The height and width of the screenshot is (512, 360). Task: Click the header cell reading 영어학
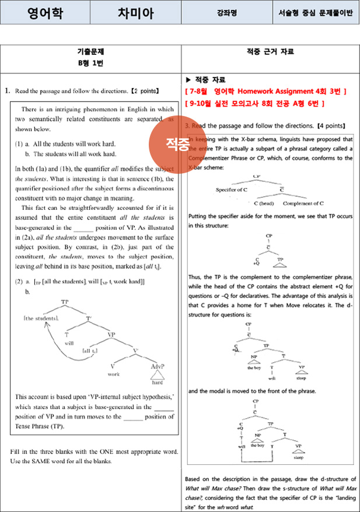(45, 12)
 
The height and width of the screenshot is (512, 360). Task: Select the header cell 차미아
(134, 12)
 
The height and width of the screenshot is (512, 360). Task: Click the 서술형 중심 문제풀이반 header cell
(316, 12)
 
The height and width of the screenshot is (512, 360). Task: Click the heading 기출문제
(90, 51)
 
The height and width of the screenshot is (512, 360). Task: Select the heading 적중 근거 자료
(270, 51)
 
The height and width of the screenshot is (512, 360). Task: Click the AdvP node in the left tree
(158, 366)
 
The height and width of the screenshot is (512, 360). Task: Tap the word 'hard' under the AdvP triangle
(158, 384)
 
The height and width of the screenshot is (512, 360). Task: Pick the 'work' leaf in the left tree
(114, 374)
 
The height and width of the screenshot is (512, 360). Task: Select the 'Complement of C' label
(302, 204)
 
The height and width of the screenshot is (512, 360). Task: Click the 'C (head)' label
(264, 204)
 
